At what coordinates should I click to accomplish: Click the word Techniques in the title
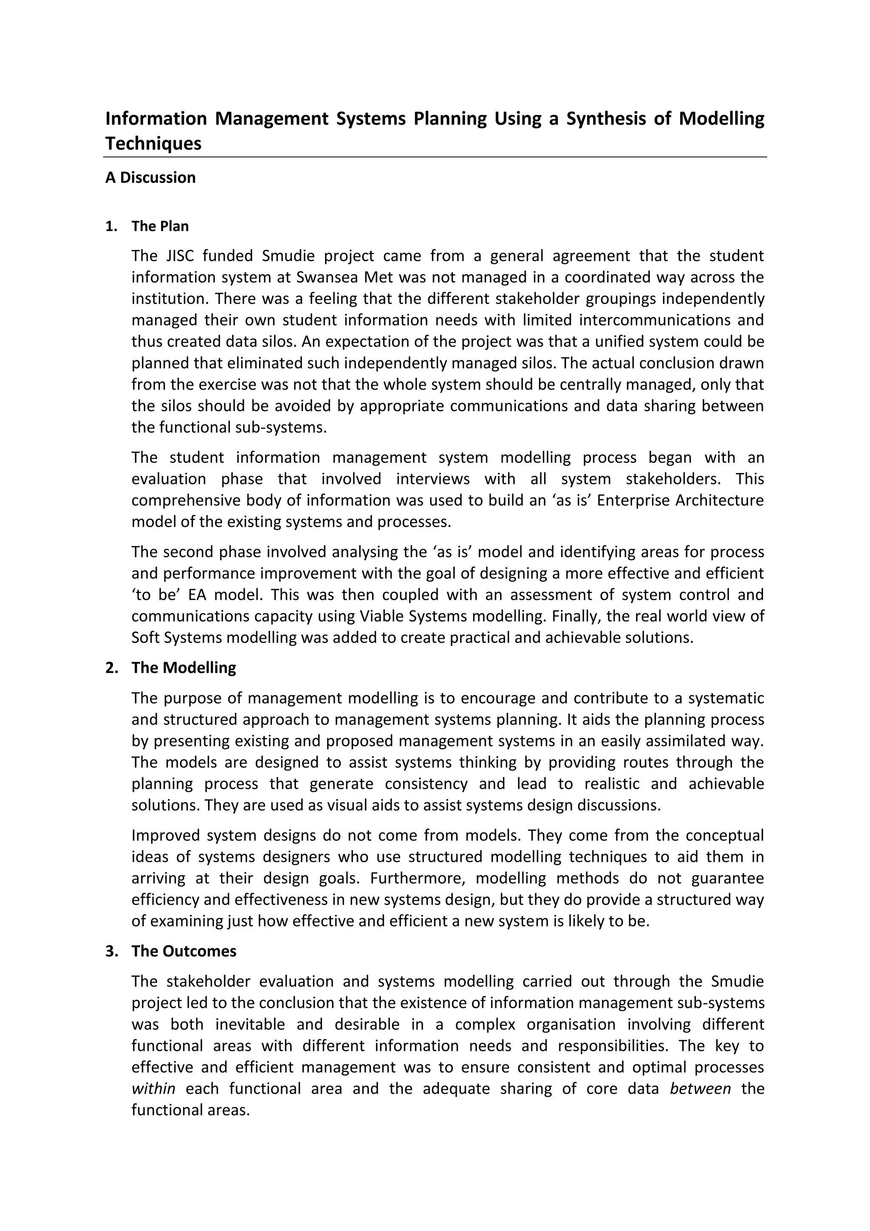(153, 144)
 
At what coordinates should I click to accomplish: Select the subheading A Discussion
(150, 177)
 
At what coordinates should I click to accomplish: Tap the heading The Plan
(160, 226)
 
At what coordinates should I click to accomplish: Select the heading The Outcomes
(184, 951)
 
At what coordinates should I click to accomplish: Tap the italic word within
(153, 1089)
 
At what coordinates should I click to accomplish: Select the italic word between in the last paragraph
(700, 1089)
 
